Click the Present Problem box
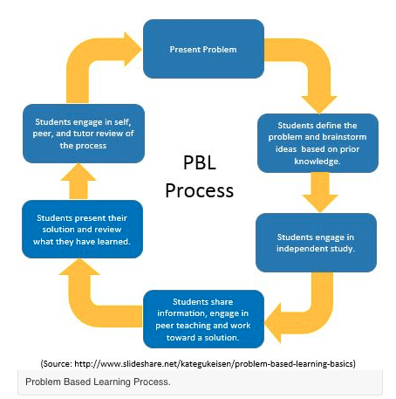coord(202,49)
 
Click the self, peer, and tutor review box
coord(83,133)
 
